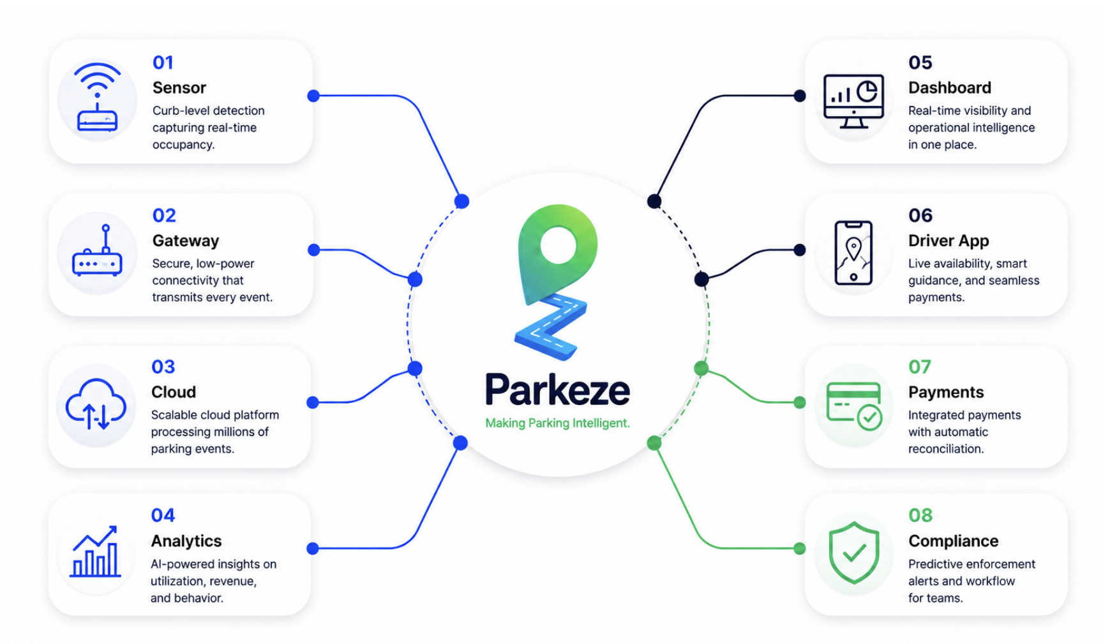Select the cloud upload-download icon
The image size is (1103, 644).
click(96, 404)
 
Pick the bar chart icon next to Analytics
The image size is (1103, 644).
click(95, 552)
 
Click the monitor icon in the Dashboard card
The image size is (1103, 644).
click(853, 101)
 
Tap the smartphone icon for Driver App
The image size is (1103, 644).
click(853, 252)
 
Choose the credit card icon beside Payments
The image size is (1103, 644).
click(854, 406)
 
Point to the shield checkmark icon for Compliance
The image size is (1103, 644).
click(854, 553)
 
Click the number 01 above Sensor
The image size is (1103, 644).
click(163, 62)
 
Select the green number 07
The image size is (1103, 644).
click(920, 367)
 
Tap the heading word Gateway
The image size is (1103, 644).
click(186, 241)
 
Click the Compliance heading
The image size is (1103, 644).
click(953, 541)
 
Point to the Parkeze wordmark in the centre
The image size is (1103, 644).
click(557, 389)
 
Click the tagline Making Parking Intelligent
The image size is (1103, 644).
click(557, 423)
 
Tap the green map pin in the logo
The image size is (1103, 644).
click(557, 252)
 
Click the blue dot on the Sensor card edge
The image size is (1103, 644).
click(313, 96)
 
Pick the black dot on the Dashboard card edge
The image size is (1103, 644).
click(799, 96)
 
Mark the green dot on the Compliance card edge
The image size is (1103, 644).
click(799, 548)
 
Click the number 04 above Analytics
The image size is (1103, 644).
click(163, 515)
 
